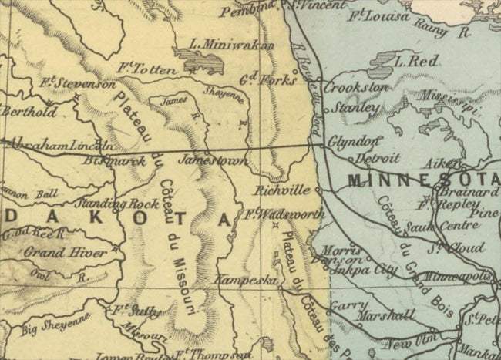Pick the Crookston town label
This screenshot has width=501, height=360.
355,88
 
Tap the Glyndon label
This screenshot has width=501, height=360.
354,142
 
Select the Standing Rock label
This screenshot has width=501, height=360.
111,204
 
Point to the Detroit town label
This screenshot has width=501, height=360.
378,159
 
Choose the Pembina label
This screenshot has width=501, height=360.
247,12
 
